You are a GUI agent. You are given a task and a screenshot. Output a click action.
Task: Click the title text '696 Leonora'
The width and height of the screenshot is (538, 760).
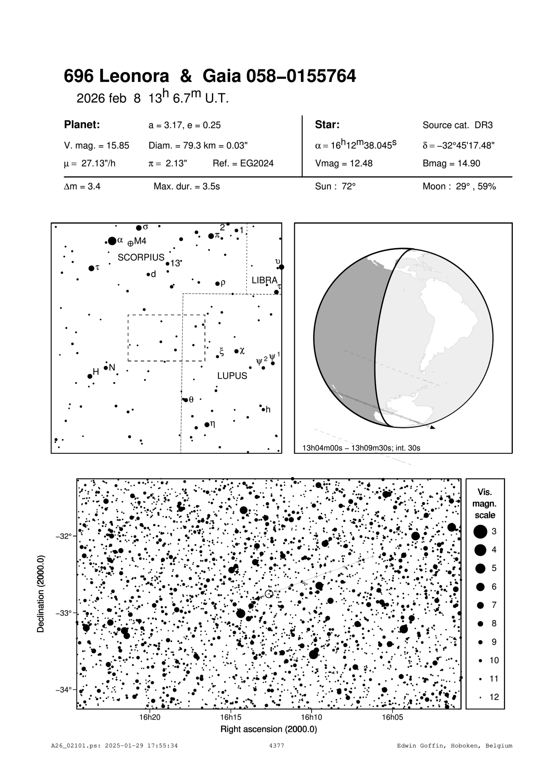tap(116, 77)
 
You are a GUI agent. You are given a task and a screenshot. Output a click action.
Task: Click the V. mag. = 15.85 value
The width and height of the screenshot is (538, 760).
tap(96, 146)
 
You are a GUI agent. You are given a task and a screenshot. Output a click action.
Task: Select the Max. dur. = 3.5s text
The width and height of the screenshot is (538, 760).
tap(187, 187)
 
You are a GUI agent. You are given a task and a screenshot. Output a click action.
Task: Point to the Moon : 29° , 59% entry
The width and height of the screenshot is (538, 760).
tap(459, 187)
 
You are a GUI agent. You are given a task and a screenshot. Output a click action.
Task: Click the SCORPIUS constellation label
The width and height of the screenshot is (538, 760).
tap(141, 258)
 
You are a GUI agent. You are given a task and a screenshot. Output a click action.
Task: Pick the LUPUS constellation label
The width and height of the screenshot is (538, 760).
tap(232, 376)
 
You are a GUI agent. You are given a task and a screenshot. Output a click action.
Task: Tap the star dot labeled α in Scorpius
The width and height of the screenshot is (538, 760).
tap(112, 241)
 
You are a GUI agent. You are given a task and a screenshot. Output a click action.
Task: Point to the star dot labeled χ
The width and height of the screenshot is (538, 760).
tap(237, 351)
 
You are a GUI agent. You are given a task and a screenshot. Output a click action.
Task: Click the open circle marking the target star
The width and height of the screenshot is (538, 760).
tap(269, 593)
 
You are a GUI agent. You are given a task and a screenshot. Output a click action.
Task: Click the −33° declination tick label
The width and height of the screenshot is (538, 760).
tap(65, 613)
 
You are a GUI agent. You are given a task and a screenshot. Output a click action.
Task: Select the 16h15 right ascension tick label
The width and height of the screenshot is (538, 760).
tap(231, 717)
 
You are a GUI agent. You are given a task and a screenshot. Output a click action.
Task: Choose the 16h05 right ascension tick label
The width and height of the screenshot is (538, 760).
tap(393, 717)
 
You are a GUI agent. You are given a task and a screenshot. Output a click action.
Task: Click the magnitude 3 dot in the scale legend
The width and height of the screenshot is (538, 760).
tap(480, 531)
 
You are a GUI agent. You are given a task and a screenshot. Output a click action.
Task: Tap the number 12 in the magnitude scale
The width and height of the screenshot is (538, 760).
tap(494, 698)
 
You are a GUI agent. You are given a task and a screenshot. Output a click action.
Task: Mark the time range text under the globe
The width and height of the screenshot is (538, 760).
tap(361, 448)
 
